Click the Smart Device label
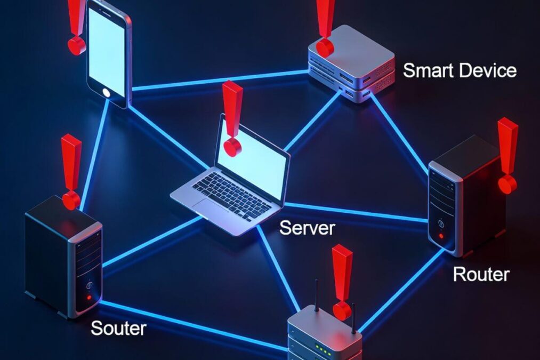(x=460, y=70)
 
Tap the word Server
(x=307, y=228)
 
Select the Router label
(x=481, y=274)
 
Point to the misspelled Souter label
(x=118, y=328)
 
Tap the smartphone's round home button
(x=107, y=93)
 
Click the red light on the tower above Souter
(x=89, y=297)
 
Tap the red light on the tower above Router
(x=441, y=236)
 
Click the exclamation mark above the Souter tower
(x=71, y=171)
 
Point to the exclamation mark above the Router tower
(x=507, y=155)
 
